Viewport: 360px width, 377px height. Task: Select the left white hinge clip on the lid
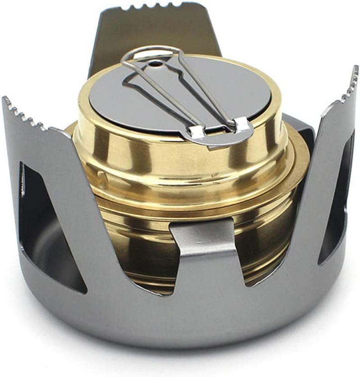click(197, 131)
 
